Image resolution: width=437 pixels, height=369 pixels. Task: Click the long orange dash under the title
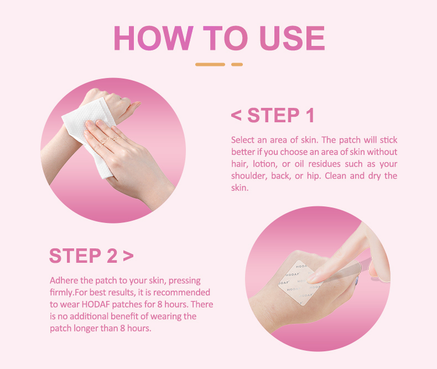[210, 65]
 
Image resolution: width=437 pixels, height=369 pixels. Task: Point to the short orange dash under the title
[237, 65]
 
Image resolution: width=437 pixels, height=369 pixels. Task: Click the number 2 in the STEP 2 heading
[111, 256]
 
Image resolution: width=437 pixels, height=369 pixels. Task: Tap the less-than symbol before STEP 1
[236, 116]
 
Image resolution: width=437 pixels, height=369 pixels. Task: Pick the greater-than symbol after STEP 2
[128, 256]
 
